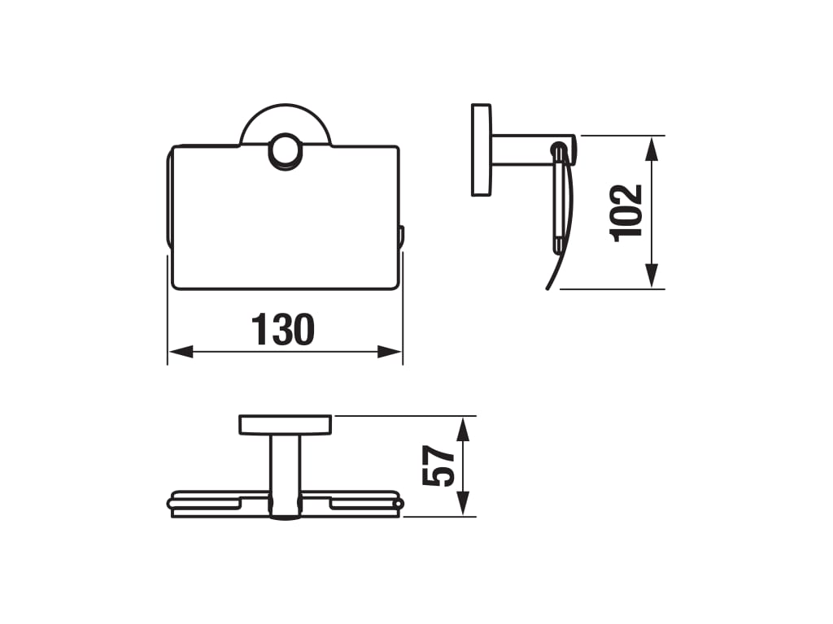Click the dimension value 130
point(282,331)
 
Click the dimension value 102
point(627,212)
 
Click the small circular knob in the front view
point(285,152)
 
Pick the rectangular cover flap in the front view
point(285,227)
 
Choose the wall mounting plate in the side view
point(482,149)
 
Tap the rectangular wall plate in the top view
point(285,424)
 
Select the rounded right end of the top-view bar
point(397,505)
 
